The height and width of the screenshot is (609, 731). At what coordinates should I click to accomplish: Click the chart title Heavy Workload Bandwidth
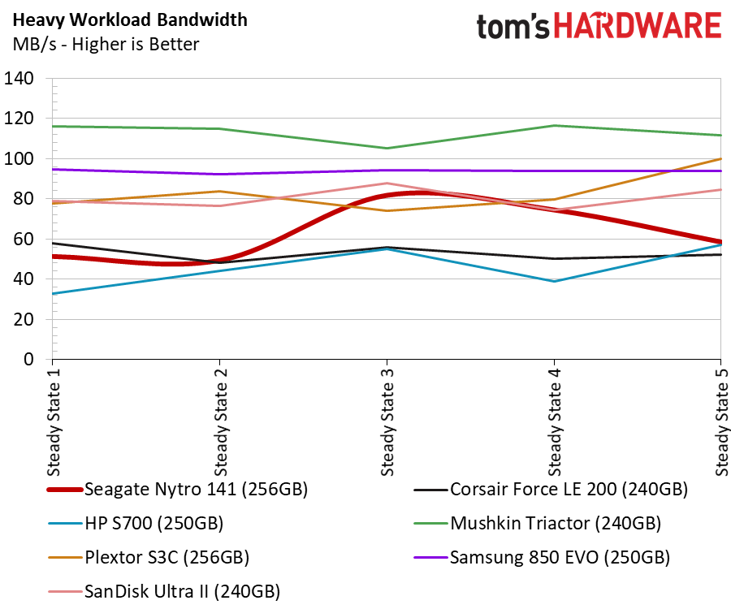pyautogui.click(x=130, y=20)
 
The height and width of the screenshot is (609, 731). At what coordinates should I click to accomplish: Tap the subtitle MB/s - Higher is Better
pyautogui.click(x=106, y=45)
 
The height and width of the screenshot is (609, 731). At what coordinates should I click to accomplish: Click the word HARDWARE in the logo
pyautogui.click(x=638, y=26)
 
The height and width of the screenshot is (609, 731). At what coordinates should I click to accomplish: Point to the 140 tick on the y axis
pyautogui.click(x=19, y=78)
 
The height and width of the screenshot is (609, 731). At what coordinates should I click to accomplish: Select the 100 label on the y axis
pyautogui.click(x=19, y=159)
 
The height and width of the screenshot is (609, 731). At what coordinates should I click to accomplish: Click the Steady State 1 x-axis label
pyautogui.click(x=54, y=422)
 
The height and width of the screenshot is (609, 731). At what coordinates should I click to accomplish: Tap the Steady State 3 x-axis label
pyautogui.click(x=387, y=422)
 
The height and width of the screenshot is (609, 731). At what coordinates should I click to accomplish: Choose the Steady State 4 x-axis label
pyautogui.click(x=554, y=422)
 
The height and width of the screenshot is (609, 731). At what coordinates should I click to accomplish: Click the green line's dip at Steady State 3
pyautogui.click(x=387, y=148)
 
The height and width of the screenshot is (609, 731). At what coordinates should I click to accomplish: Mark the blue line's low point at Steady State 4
pyautogui.click(x=554, y=282)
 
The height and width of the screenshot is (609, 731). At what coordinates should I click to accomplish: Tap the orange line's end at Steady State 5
pyautogui.click(x=720, y=159)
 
